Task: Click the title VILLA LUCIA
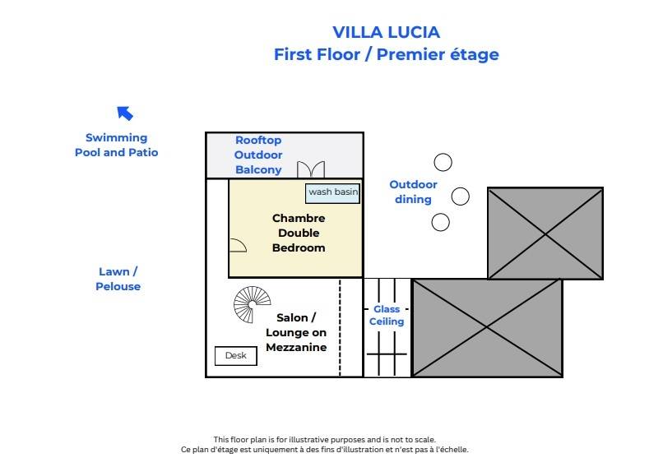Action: [x=386, y=32]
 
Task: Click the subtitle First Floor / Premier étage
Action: [x=386, y=54]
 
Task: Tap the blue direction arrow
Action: [x=125, y=113]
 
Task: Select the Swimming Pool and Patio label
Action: [x=116, y=145]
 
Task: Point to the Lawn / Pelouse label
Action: [x=118, y=279]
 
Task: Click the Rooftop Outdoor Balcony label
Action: [x=258, y=155]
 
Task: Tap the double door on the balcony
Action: [x=311, y=169]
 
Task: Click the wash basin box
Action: [x=333, y=192]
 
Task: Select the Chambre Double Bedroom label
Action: [x=299, y=233]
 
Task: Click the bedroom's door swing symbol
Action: [x=237, y=245]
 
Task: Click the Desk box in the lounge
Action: [x=235, y=356]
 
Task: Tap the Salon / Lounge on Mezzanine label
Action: [x=296, y=332]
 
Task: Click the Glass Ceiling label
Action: [x=387, y=316]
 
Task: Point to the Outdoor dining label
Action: [x=413, y=192]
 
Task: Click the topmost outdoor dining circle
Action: [x=443, y=162]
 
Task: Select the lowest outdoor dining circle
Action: [x=441, y=222]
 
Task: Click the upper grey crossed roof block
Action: [x=545, y=233]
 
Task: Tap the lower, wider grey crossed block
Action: [x=486, y=327]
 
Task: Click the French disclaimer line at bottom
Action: [x=324, y=450]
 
